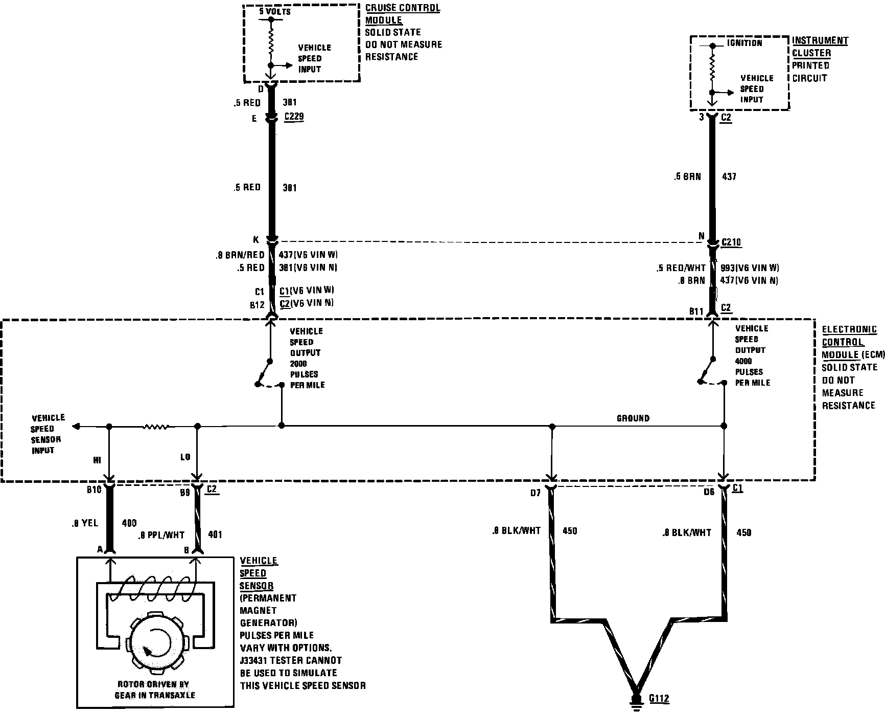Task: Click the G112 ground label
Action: tap(659, 699)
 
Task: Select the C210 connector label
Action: tap(731, 242)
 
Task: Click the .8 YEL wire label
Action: tap(85, 523)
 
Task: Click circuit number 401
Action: tap(215, 535)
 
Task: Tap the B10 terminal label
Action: tap(94, 489)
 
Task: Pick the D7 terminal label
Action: tap(535, 493)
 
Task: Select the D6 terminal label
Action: tap(709, 492)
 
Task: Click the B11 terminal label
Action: tap(696, 311)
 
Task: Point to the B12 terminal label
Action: tap(257, 305)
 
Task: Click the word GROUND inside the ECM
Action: tap(633, 418)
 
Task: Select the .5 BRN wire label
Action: tap(687, 176)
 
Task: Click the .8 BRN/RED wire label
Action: tap(240, 255)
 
